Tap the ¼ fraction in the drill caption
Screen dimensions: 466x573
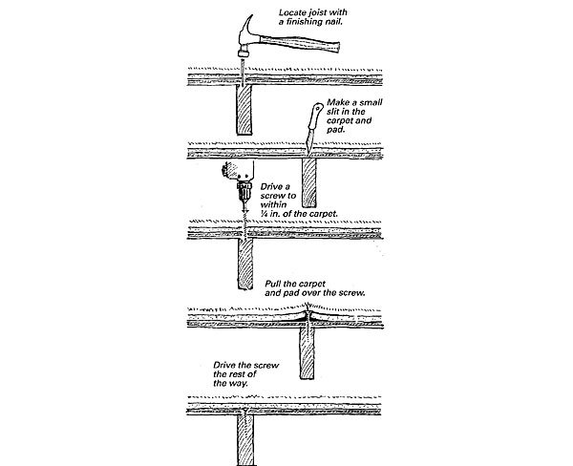click(x=265, y=213)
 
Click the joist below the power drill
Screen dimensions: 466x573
click(x=244, y=264)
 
